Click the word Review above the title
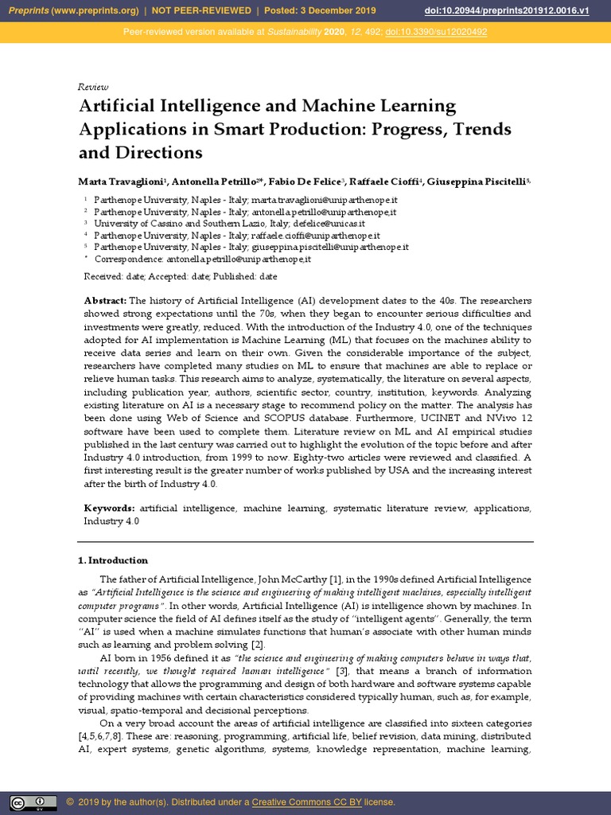coord(93,87)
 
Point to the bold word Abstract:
coord(105,300)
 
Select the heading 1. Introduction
coord(112,560)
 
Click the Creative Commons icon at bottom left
coord(33,802)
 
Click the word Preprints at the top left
coord(29,11)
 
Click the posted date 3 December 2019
coord(344,11)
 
